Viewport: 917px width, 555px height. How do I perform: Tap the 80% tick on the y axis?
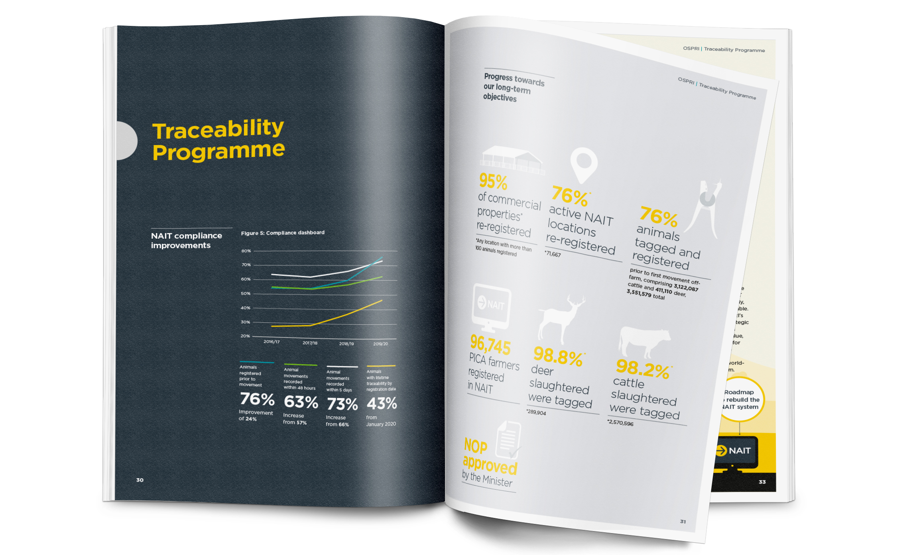point(246,251)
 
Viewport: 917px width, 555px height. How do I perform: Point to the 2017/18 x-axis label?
point(310,343)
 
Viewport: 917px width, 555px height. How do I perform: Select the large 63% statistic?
point(301,402)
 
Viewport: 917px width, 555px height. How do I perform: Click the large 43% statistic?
point(382,404)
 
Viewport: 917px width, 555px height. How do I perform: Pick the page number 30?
point(140,480)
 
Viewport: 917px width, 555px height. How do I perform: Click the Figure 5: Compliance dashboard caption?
point(282,233)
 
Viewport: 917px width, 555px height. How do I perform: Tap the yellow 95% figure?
point(493,182)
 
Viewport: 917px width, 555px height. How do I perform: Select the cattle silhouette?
point(643,341)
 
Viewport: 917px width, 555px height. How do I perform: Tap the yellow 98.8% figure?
point(558,355)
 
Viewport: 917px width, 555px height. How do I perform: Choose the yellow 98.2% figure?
point(642,369)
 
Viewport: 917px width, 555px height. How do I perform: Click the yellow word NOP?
point(476,446)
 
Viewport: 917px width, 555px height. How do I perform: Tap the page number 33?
point(762,482)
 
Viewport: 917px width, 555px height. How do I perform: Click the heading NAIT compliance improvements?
point(186,240)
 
